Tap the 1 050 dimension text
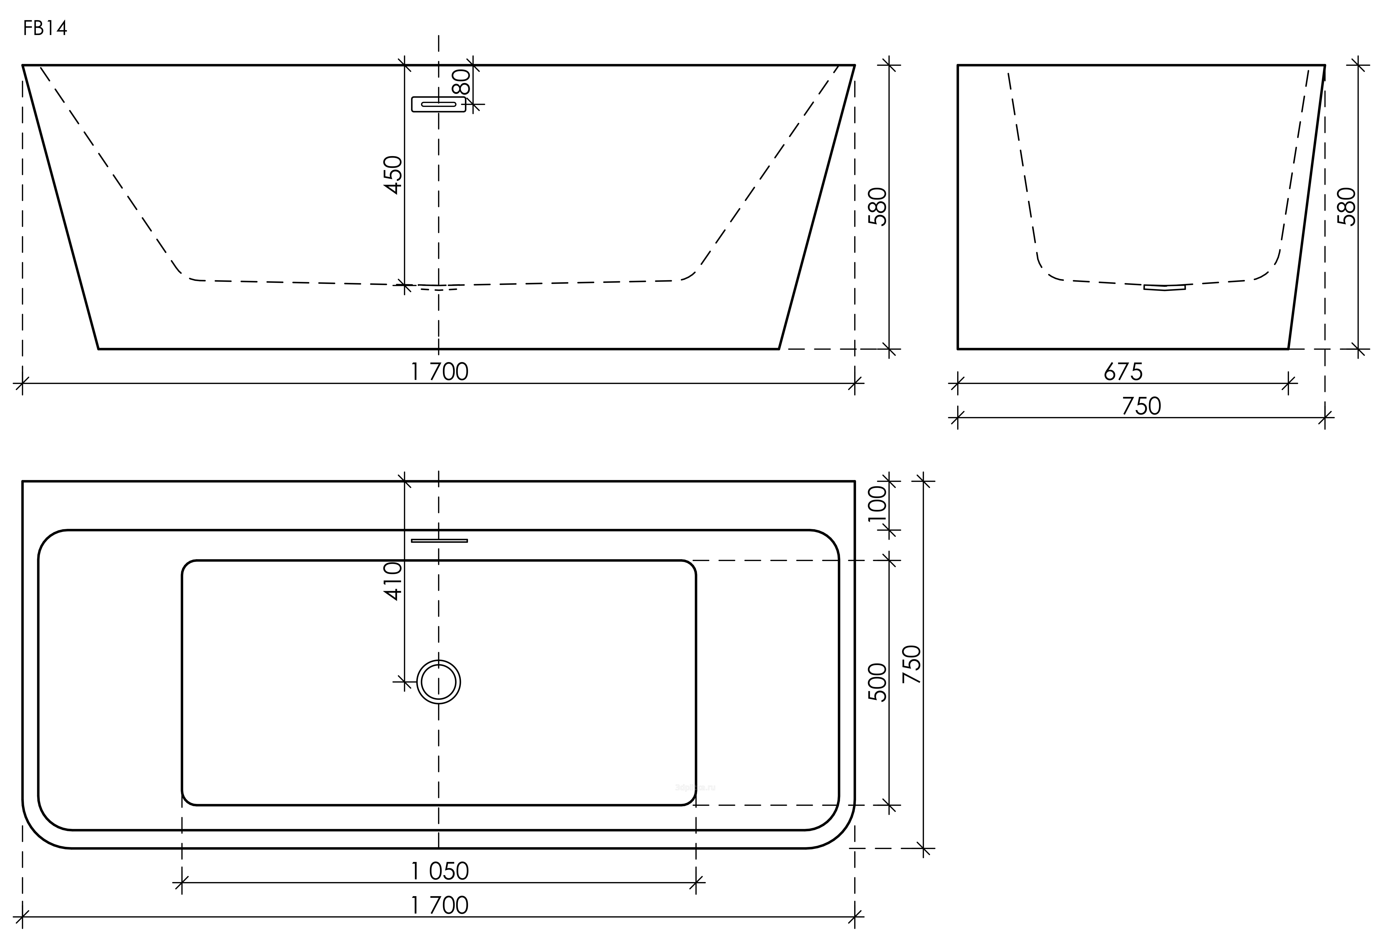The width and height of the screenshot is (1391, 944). [x=439, y=871]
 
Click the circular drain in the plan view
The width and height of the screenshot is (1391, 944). [x=439, y=682]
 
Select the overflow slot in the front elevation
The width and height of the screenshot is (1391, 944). [x=439, y=104]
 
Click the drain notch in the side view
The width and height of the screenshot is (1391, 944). [x=1164, y=287]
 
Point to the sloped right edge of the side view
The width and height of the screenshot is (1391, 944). [x=1307, y=206]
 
